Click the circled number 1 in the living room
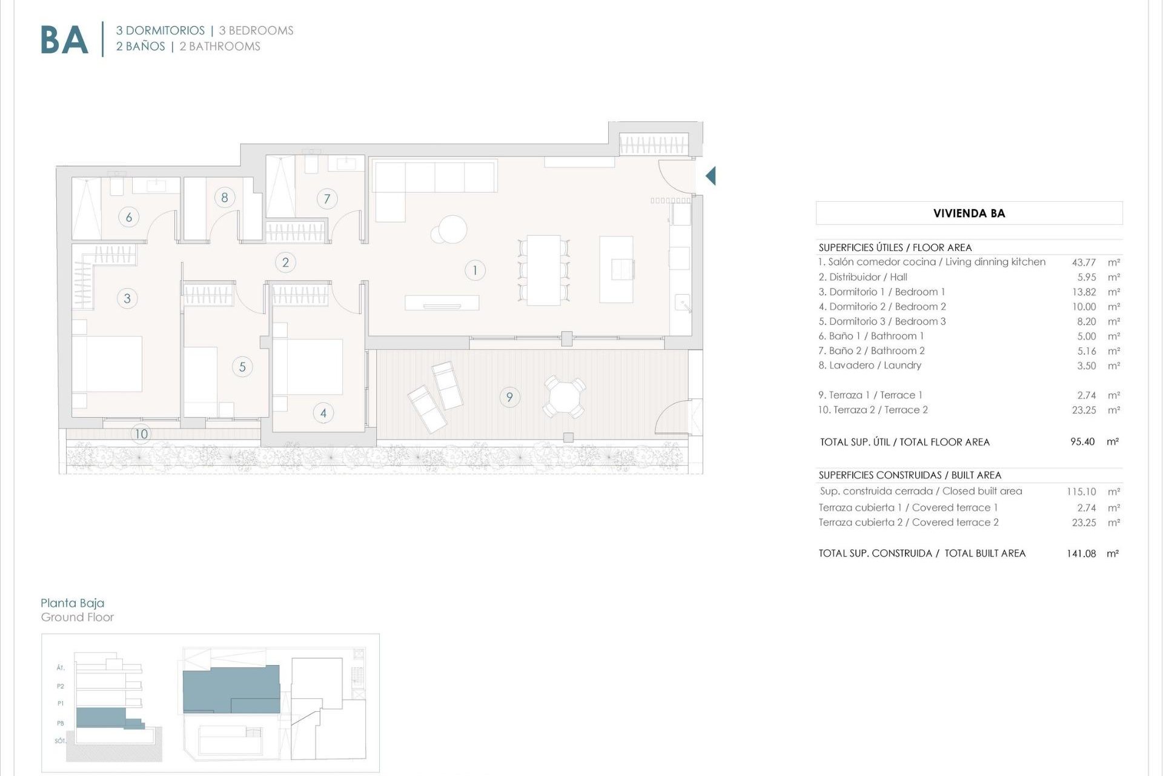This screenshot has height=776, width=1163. point(475,270)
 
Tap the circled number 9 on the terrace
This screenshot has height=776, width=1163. point(509,397)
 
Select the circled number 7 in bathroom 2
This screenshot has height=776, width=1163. point(327,198)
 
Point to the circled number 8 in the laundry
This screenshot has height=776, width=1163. point(225,197)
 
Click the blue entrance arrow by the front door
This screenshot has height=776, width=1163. point(711,176)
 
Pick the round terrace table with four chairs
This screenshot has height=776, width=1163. point(564,396)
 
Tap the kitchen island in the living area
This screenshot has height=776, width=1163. point(616,269)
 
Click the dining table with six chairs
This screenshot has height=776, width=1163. point(543,270)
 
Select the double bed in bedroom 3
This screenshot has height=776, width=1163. point(107,364)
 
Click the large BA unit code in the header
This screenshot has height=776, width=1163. point(64,40)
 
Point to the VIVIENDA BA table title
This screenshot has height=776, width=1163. point(969,213)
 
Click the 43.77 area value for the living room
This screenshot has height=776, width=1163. point(1084,263)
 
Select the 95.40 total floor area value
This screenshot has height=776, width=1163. point(1082,442)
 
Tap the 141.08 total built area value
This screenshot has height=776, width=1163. point(1081,554)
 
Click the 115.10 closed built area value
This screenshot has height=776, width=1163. point(1081,492)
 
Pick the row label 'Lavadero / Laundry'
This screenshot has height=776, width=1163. point(870,366)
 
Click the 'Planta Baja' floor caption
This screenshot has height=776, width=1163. point(73,603)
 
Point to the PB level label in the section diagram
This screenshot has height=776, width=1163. point(61,723)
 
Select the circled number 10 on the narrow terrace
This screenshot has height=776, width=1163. point(141,433)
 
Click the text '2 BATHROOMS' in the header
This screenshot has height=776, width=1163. point(220,47)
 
